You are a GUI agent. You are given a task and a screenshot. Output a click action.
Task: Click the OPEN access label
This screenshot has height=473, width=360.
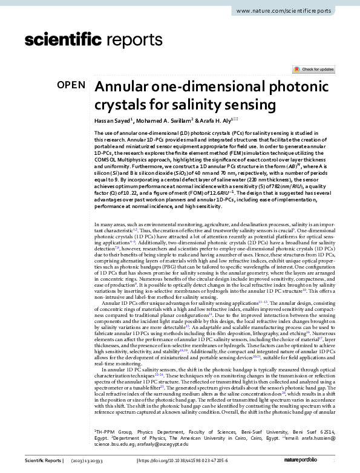[x=71, y=86]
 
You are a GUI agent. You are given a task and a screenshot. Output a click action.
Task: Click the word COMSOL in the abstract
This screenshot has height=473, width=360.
[x=107, y=160]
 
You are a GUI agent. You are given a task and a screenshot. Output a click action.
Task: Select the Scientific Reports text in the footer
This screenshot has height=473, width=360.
[x=43, y=461]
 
